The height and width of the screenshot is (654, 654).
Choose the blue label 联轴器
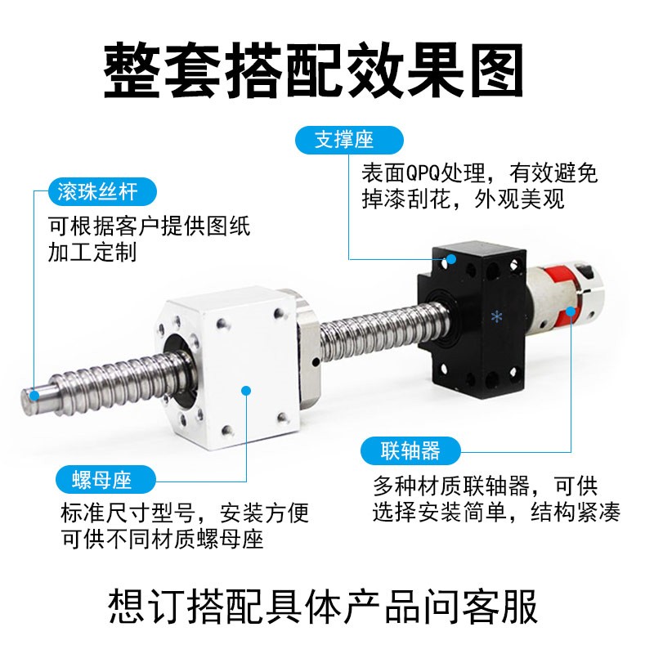pyautogui.click(x=410, y=450)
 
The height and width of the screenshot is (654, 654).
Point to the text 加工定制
pyautogui.click(x=92, y=252)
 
